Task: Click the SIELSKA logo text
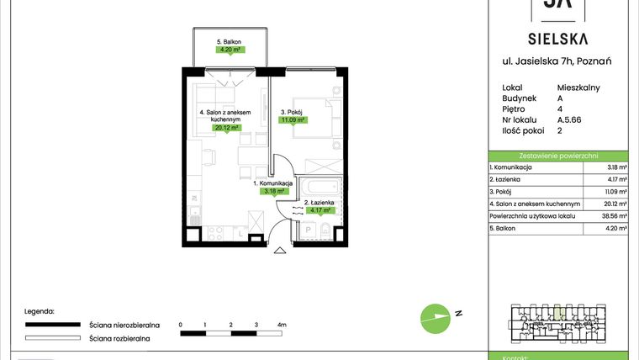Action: point(558,38)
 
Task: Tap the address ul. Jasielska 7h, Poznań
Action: point(558,61)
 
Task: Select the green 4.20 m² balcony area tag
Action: point(229,50)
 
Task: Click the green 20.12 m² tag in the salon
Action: point(227,129)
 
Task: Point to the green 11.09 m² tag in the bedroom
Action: point(293,119)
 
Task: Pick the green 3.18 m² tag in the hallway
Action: point(274,191)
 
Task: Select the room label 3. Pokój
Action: point(290,110)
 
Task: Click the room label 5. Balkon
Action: point(229,41)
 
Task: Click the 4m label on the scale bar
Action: point(282,324)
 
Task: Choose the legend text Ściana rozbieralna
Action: point(119,339)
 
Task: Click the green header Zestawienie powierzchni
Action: point(558,156)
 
